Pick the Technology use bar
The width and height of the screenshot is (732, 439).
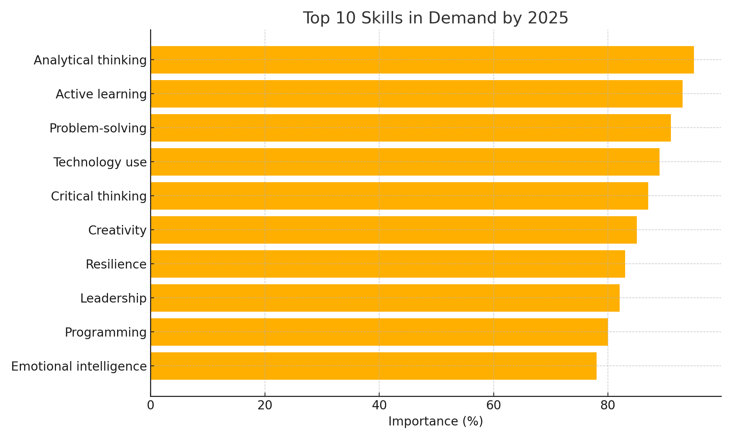click(405, 162)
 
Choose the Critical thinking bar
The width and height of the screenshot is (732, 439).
click(399, 196)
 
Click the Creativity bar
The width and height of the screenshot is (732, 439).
click(393, 230)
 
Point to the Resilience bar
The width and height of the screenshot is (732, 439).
click(388, 264)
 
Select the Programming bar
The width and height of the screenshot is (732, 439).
click(379, 332)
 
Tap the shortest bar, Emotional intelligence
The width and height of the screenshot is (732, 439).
click(373, 366)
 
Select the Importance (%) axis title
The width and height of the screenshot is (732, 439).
click(436, 421)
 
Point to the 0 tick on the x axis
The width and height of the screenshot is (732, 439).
click(150, 406)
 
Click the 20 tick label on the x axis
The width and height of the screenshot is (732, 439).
click(265, 406)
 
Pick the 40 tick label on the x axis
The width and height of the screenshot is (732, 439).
click(379, 406)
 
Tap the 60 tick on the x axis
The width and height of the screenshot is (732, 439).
click(493, 406)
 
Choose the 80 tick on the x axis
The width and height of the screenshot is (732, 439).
click(608, 406)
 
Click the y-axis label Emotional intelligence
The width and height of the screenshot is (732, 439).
click(79, 366)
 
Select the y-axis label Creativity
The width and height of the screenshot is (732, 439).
click(117, 230)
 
